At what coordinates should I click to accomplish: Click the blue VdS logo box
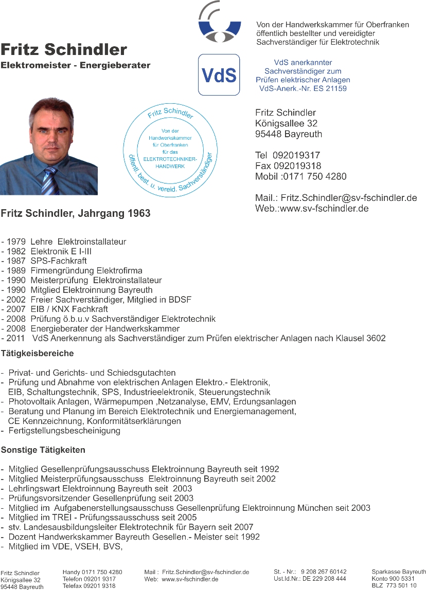coord(219,75)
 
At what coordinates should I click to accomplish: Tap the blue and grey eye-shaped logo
coord(220,24)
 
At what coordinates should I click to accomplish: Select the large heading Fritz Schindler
coord(64,50)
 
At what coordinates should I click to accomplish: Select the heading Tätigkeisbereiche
coord(38,353)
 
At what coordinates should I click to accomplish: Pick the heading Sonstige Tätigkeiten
coord(43,450)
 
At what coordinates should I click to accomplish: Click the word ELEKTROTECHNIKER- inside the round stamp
coord(169,159)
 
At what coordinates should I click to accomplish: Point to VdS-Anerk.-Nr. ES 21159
coord(303,88)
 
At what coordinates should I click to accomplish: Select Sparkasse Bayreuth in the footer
coord(398,571)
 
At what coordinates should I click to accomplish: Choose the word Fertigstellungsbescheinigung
coord(64,431)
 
